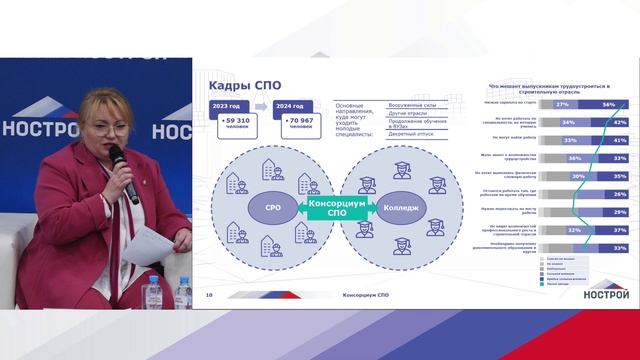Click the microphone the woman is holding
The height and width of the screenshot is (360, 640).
120,166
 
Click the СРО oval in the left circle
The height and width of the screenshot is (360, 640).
258,209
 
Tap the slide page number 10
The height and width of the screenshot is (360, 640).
210,296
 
